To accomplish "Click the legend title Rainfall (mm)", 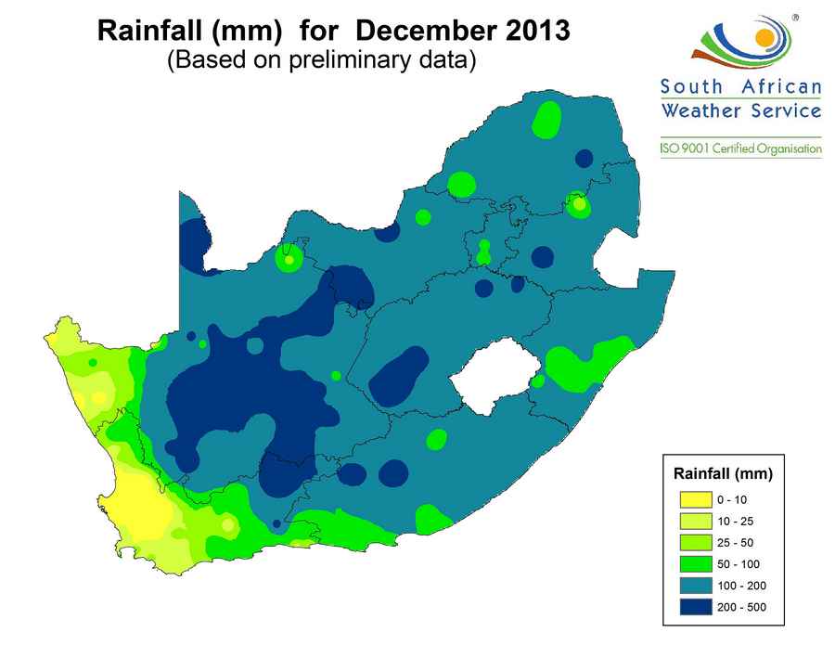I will point(723,474).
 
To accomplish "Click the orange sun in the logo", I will point(764,38).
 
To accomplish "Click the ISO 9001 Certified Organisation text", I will point(740,149).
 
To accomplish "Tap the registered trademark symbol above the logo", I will point(794,17).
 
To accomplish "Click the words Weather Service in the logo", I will point(740,110).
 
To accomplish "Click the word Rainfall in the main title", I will point(150,31).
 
